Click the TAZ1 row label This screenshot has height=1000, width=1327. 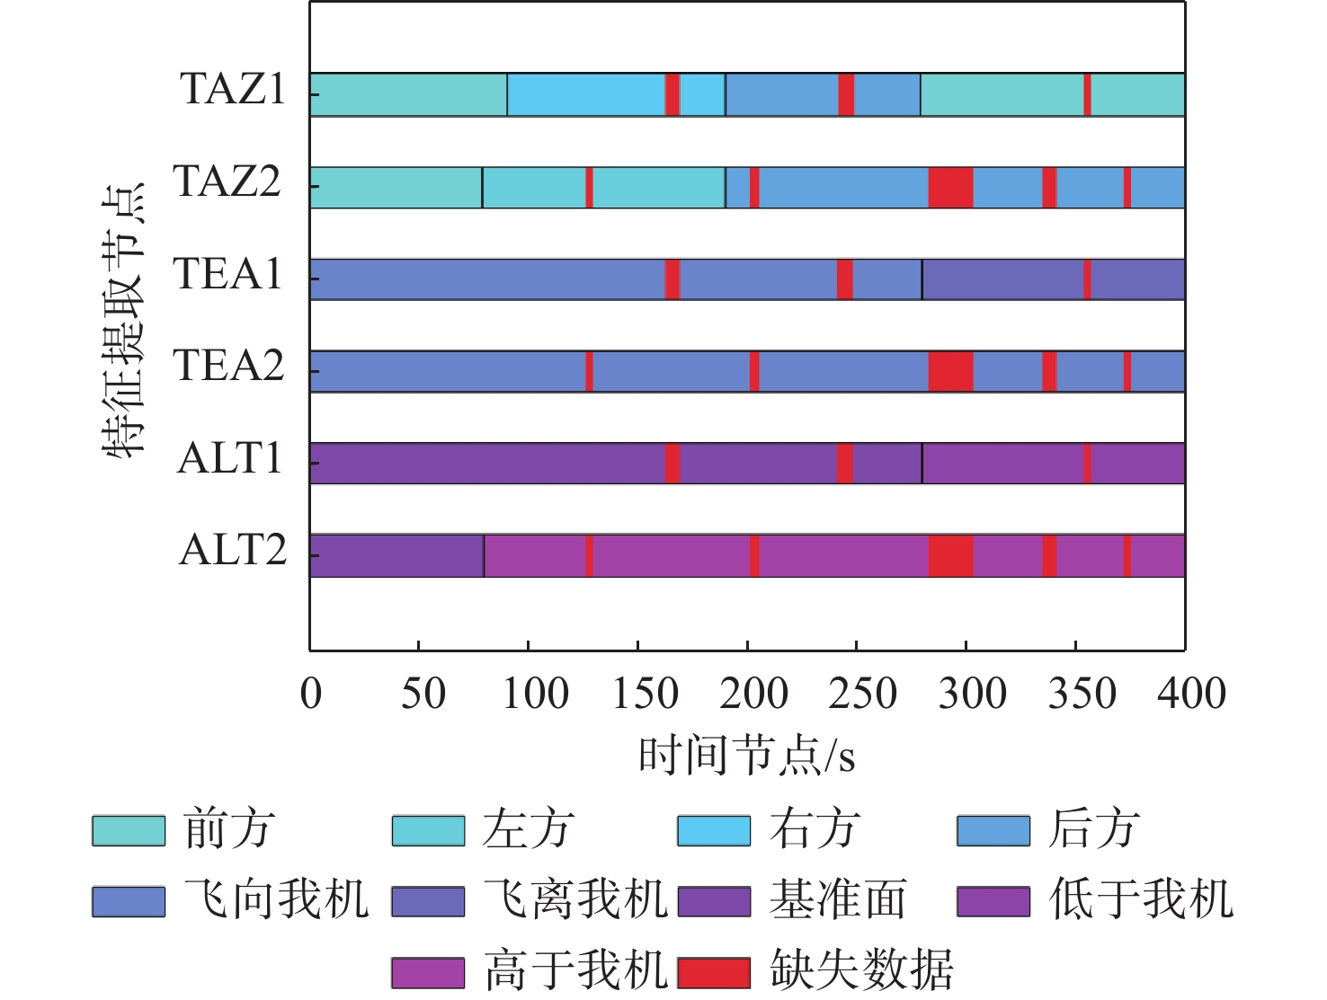233,90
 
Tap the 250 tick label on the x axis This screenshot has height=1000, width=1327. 862,695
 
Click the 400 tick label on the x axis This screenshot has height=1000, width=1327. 1191,695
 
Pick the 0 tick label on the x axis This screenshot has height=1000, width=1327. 311,695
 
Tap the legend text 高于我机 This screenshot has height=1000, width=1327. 575,970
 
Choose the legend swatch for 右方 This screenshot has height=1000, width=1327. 714,831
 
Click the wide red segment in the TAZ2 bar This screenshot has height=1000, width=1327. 950,187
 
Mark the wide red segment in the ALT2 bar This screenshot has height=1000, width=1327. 950,555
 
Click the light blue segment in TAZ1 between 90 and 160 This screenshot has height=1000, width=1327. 586,94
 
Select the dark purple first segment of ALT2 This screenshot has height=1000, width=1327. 396,555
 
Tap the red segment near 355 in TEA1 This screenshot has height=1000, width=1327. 1087,279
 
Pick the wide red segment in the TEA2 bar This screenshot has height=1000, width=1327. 950,371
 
